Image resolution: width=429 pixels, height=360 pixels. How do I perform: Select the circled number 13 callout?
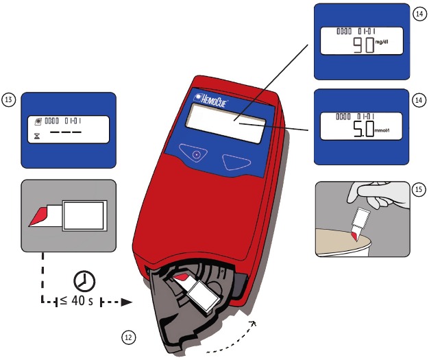(x=10, y=100)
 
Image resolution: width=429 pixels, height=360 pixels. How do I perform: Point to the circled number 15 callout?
(x=419, y=189)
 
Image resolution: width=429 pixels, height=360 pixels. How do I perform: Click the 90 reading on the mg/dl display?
(x=361, y=47)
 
